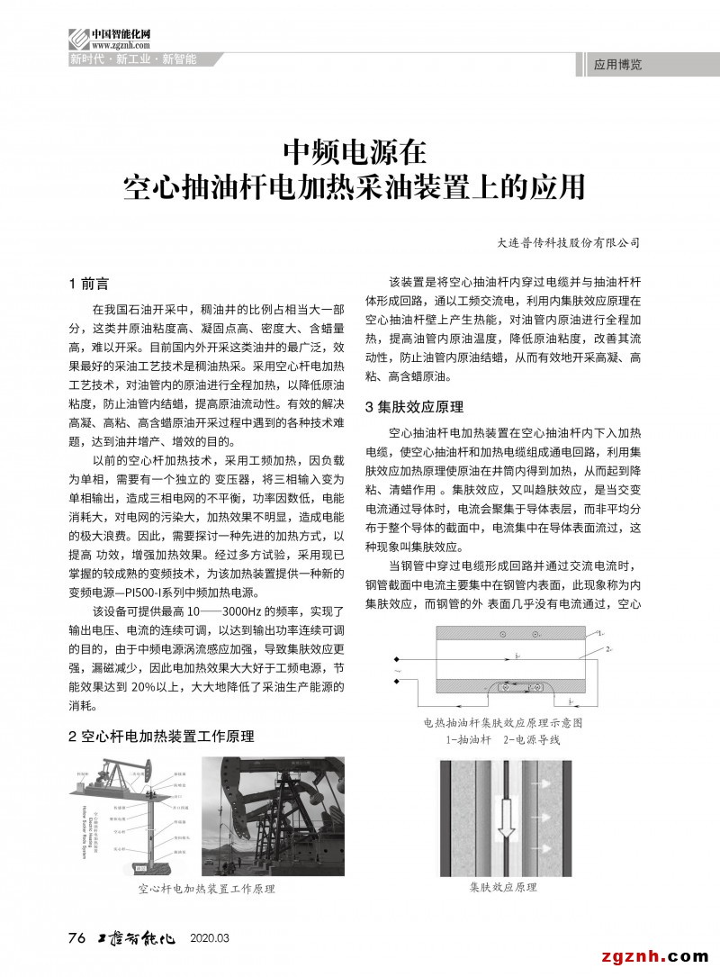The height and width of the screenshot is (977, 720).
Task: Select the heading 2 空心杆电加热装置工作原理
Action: click(x=161, y=736)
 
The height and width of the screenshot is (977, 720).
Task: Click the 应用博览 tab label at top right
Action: click(x=618, y=65)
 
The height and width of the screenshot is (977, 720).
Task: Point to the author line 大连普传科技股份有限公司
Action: click(x=568, y=242)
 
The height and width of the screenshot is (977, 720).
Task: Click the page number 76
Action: click(x=76, y=938)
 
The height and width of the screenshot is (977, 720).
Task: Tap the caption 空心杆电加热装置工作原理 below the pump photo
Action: click(x=206, y=889)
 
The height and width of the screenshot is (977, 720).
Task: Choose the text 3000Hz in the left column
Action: click(x=244, y=611)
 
